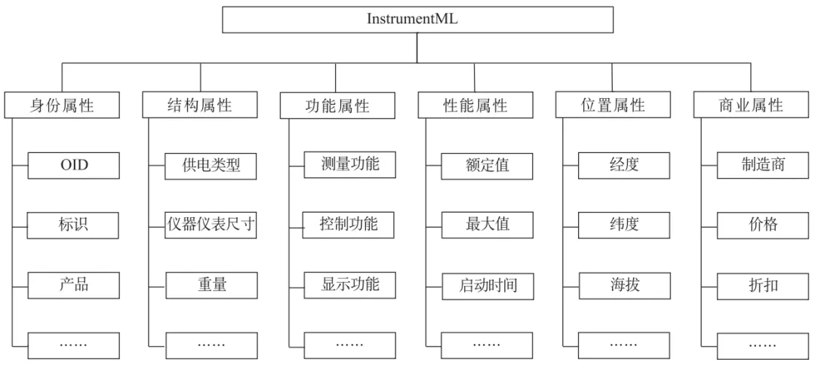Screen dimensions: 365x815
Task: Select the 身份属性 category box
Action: click(x=62, y=106)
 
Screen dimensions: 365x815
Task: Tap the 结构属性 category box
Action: click(x=199, y=106)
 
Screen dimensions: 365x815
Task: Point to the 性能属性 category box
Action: click(x=475, y=106)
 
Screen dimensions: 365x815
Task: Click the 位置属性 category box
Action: click(x=613, y=106)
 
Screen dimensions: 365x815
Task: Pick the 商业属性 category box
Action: click(x=750, y=106)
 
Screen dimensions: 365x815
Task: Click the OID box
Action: click(x=74, y=165)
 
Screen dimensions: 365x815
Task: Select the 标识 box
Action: click(x=74, y=225)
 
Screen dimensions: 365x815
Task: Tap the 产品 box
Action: click(x=74, y=285)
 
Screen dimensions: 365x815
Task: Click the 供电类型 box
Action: click(x=211, y=165)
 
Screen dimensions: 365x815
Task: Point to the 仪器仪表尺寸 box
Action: click(x=211, y=225)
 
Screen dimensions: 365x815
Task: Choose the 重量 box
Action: click(x=211, y=285)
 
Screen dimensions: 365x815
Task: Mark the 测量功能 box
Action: click(x=349, y=164)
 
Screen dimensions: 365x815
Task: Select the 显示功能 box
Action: click(x=349, y=285)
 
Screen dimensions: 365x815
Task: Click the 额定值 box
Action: click(x=487, y=165)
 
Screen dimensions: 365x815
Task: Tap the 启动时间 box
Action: click(x=487, y=286)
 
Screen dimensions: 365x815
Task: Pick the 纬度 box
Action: click(x=624, y=225)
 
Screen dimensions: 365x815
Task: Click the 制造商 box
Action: click(x=762, y=165)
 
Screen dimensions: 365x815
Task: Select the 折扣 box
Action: click(x=762, y=286)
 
